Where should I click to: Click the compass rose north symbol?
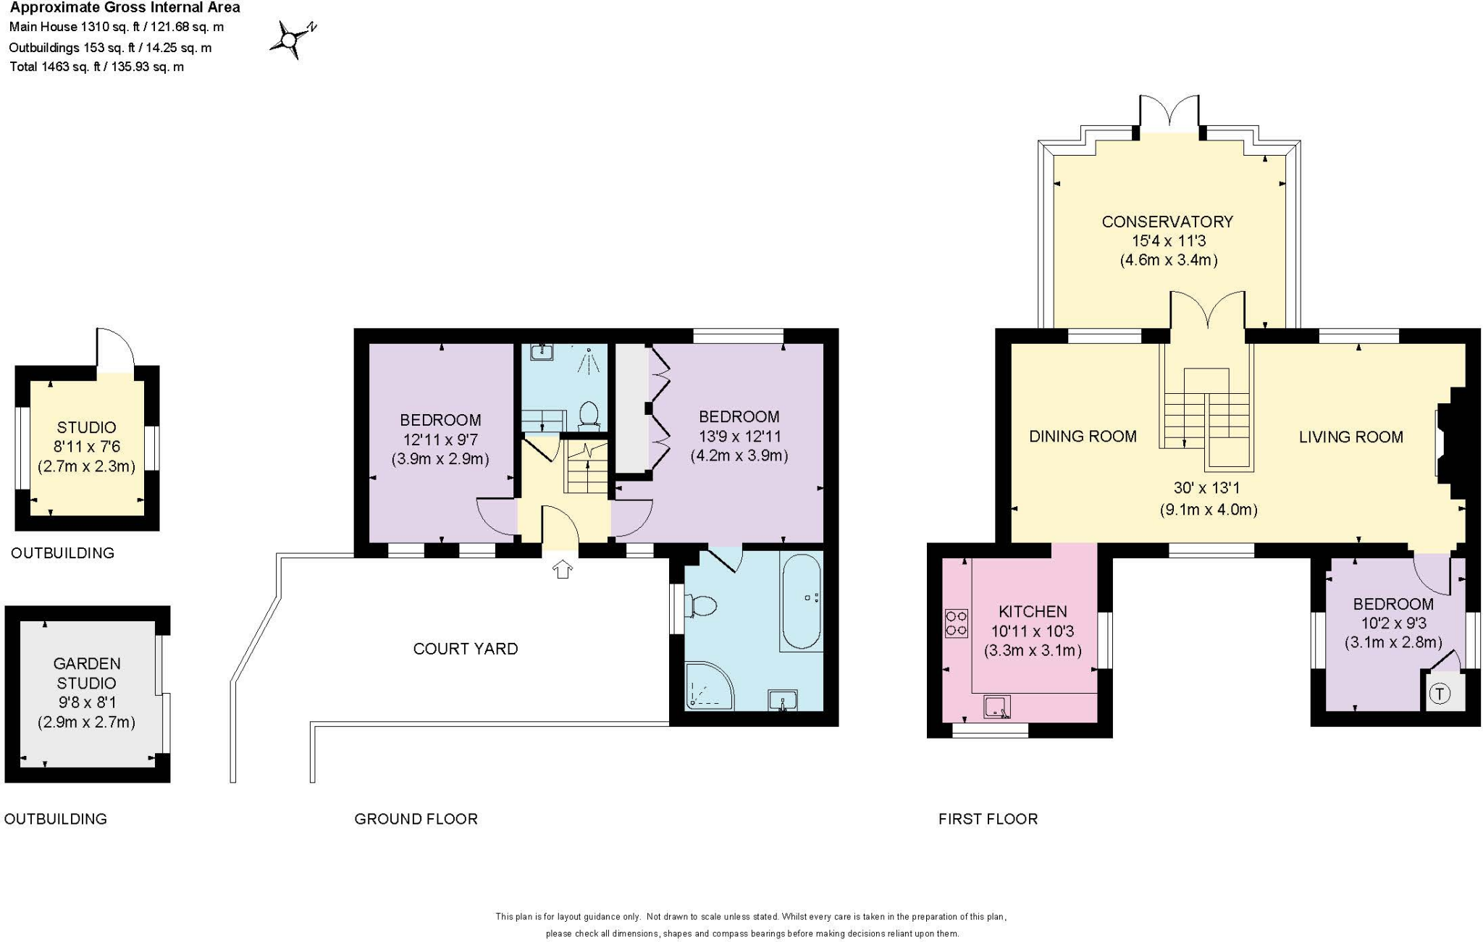[293, 39]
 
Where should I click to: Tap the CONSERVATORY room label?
[1167, 222]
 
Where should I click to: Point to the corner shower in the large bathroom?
[707, 686]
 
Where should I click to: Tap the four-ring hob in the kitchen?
[956, 623]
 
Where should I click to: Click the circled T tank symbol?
[1440, 694]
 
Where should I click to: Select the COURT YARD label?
[465, 649]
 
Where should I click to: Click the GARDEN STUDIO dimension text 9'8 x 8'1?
[86, 702]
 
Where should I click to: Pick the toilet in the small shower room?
[589, 416]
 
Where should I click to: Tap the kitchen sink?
[997, 707]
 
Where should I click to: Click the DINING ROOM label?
[1083, 436]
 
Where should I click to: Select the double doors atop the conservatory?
[1169, 112]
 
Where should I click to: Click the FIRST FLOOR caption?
[988, 819]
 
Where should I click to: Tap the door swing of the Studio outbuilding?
[115, 350]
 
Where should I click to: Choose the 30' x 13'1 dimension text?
[1206, 489]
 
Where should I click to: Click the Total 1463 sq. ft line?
[96, 67]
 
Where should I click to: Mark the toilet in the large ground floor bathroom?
[702, 605]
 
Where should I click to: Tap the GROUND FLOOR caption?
[416, 819]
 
